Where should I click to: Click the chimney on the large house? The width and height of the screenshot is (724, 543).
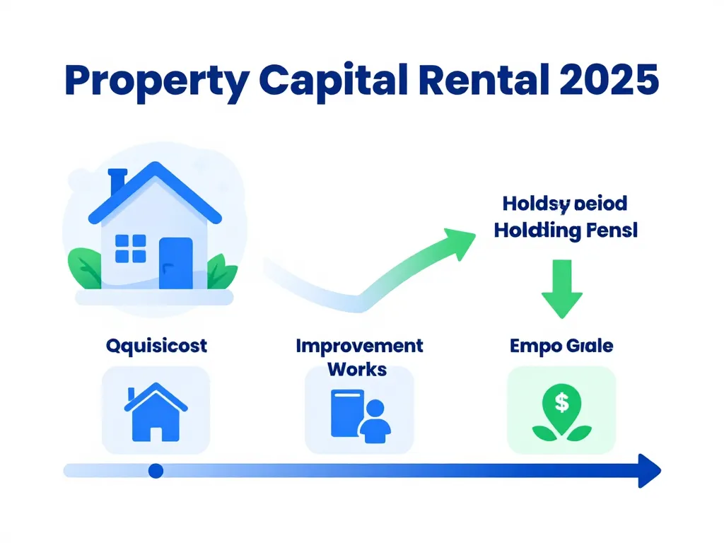(117, 183)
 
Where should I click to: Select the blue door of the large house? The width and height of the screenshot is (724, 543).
(175, 262)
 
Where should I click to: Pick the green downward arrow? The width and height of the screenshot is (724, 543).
(562, 287)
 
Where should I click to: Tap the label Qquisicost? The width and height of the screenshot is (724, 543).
(156, 346)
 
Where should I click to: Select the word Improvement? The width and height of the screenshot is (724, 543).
(359, 346)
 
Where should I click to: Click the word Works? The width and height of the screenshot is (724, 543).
(358, 368)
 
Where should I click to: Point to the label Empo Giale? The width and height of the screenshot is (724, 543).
(561, 346)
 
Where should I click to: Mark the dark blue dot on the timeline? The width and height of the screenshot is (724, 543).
(156, 470)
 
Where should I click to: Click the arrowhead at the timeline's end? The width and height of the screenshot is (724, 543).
(648, 470)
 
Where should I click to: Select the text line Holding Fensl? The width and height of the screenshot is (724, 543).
(566, 230)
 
